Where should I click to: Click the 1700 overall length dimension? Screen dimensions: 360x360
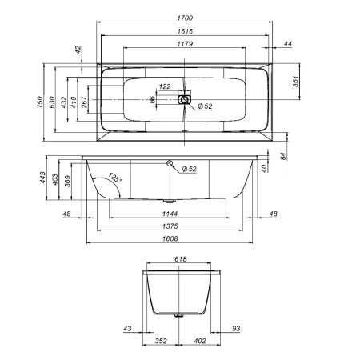pos(185,17)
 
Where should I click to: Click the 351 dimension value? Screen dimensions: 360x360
pos(295,82)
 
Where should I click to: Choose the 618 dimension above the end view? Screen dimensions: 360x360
pos(181,260)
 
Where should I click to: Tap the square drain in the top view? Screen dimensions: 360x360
pos(186,101)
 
